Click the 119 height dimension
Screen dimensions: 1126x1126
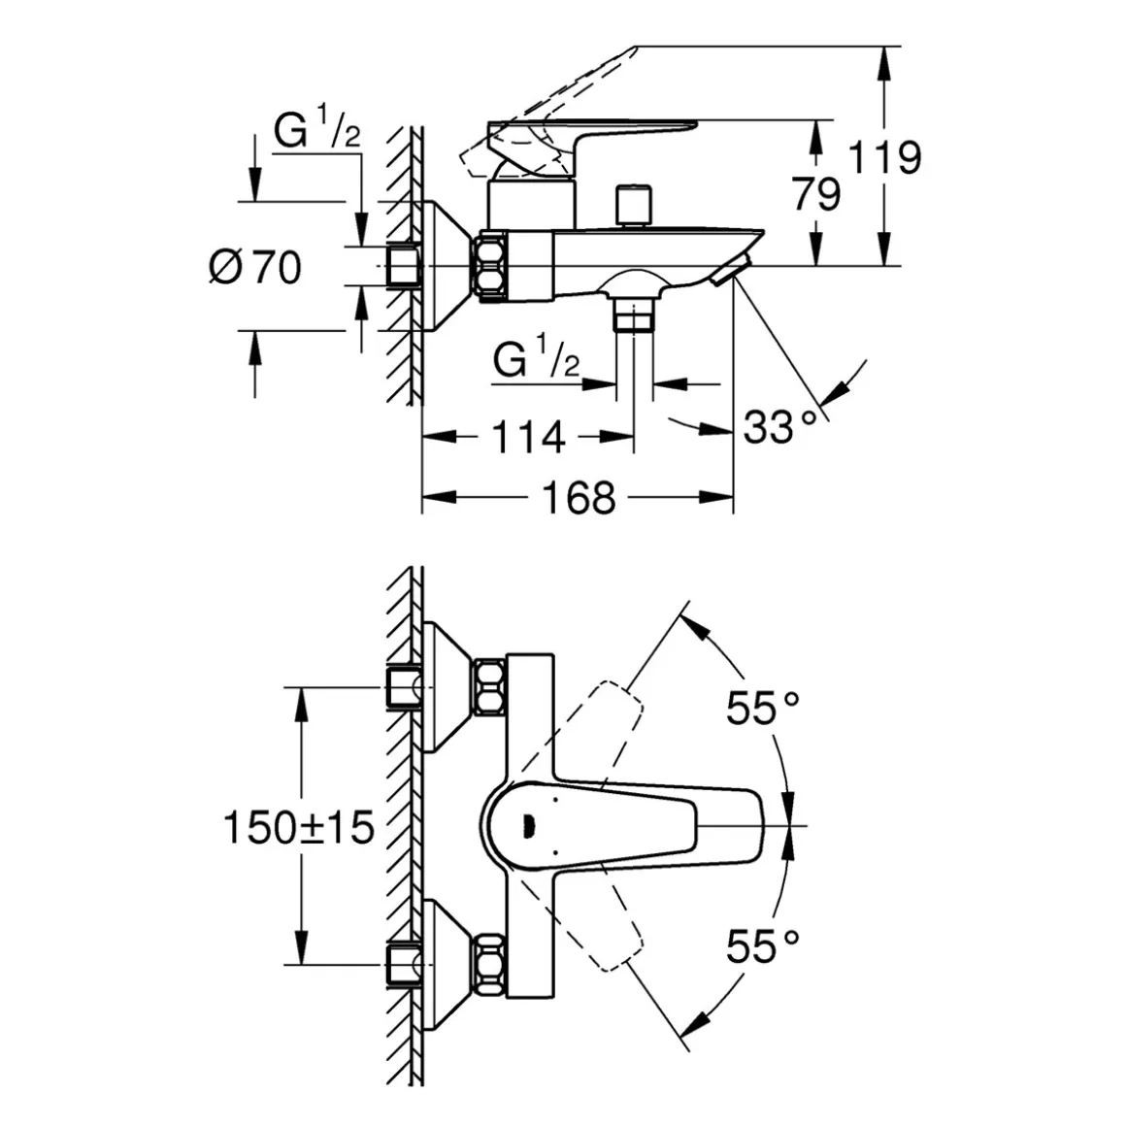click(885, 157)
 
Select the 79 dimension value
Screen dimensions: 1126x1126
click(815, 193)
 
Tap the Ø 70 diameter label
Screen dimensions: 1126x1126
click(255, 267)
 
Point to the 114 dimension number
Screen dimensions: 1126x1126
click(528, 437)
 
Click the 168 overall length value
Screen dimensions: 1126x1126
click(579, 498)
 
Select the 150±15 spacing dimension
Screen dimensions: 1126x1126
click(299, 827)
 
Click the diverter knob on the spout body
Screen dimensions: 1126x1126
click(633, 206)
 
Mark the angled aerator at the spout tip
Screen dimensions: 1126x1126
click(731, 271)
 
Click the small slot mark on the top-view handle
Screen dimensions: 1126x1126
click(529, 827)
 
